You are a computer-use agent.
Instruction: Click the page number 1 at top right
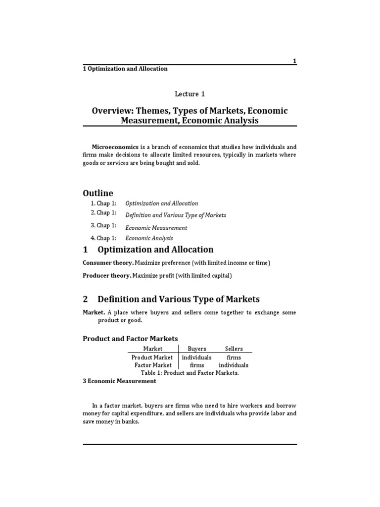pos(294,61)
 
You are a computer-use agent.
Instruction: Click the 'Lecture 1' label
pos(190,94)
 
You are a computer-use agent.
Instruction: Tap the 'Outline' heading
pos(97,193)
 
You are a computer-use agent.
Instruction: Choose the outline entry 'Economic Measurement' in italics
pos(156,228)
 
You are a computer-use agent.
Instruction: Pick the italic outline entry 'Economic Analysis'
pos(149,238)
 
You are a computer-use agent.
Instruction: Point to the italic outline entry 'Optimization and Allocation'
pos(162,203)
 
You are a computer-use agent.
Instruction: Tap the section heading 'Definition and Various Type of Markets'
pos(179,299)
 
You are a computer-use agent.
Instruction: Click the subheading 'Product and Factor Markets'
pos(130,338)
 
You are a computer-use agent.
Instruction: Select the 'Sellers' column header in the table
pos(234,349)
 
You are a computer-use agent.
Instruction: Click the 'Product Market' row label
pos(152,357)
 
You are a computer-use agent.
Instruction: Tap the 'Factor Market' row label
pos(153,365)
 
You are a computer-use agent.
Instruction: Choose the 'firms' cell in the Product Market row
pos(234,357)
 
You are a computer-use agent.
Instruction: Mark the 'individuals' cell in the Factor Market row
pos(234,365)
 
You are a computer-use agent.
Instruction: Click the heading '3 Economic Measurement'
pos(119,381)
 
